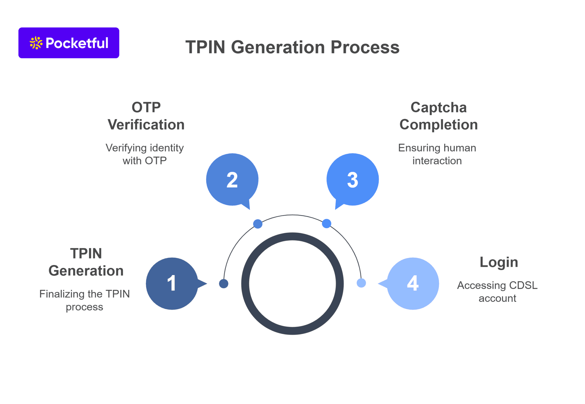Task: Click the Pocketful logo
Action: [69, 43]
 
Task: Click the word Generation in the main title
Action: [278, 47]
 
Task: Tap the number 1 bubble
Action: [172, 283]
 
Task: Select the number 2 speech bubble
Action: [232, 180]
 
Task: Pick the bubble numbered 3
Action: [352, 180]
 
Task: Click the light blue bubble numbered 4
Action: [413, 283]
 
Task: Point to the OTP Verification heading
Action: [146, 116]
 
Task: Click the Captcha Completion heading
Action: [438, 116]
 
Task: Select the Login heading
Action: [499, 262]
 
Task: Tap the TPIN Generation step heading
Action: [86, 262]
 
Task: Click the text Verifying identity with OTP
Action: [145, 154]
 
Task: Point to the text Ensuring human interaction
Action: [437, 154]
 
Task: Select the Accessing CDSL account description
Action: [497, 292]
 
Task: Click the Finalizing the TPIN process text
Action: [85, 300]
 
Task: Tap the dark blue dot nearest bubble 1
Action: [224, 284]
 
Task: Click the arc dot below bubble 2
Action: [258, 224]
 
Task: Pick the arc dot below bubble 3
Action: [326, 223]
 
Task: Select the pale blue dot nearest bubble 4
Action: [361, 283]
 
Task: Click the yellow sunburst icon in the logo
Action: [36, 43]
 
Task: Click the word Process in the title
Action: [365, 47]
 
